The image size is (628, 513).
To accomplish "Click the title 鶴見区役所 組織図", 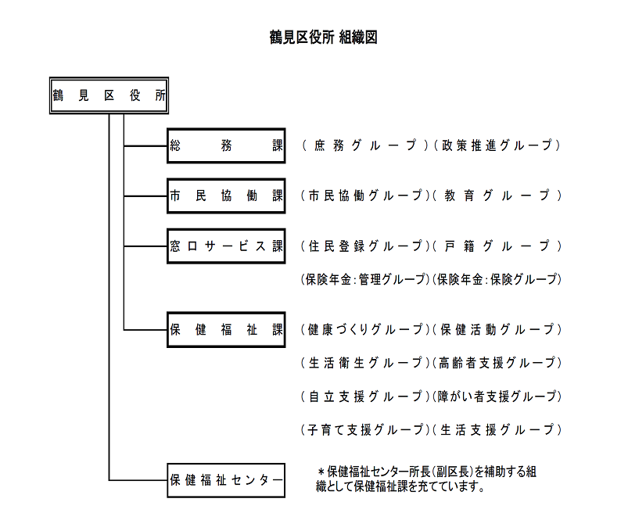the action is click(x=323, y=38).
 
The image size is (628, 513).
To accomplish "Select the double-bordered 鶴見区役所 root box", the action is click(x=109, y=95).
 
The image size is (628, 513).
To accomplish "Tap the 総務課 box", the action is click(x=226, y=145).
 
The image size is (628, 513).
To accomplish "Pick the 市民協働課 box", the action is click(x=226, y=196).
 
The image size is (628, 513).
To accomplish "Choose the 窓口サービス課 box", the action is click(x=226, y=246).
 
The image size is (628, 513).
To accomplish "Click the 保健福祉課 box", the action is click(x=226, y=329).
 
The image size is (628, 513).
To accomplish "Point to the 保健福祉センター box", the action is click(x=226, y=480).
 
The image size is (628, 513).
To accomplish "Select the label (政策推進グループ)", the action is click(x=497, y=145).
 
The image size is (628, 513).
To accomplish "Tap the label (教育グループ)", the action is click(x=497, y=196).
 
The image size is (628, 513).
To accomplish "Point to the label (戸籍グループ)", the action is click(x=497, y=246).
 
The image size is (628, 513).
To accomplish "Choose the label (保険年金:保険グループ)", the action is click(x=497, y=279).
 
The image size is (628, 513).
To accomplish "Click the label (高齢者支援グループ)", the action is click(x=497, y=363).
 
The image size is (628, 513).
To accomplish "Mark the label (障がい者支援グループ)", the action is click(x=497, y=396).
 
